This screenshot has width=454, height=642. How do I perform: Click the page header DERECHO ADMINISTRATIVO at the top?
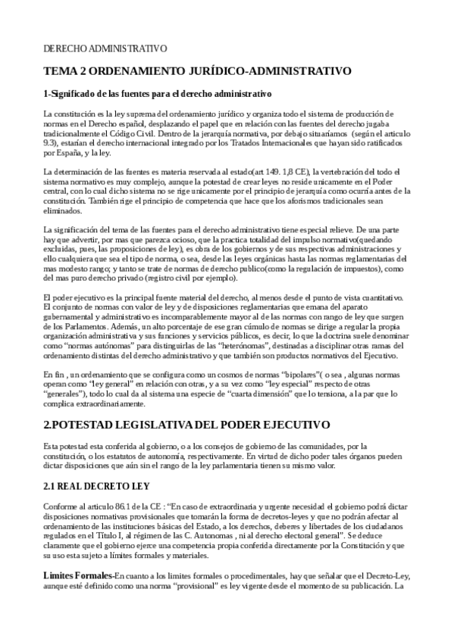click(105, 48)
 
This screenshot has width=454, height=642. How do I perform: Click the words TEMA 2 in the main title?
click(67, 72)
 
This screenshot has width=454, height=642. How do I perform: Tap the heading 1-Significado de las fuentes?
click(146, 95)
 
